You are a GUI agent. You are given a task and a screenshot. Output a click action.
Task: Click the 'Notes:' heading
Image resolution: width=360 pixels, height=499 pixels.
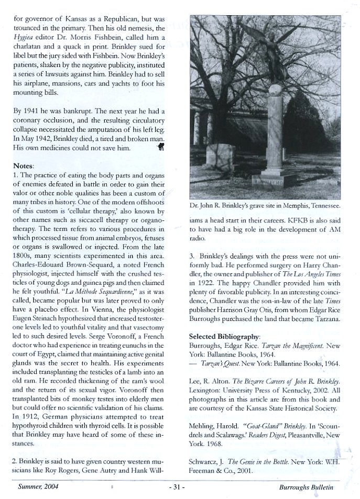click(x=23, y=165)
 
